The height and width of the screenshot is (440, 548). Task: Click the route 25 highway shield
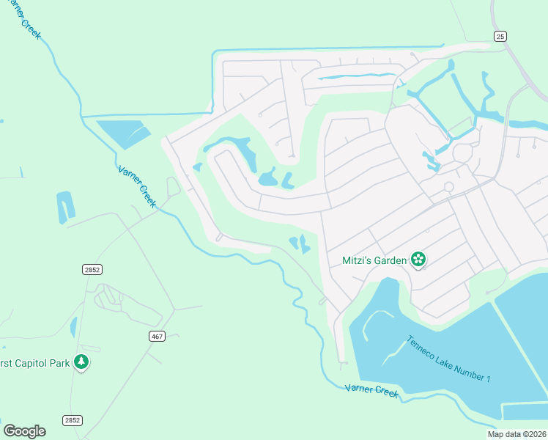(x=500, y=36)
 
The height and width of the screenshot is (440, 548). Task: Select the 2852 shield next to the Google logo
(x=72, y=420)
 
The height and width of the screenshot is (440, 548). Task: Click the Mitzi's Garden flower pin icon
(x=418, y=260)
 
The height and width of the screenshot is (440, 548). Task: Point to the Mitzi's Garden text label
(x=374, y=260)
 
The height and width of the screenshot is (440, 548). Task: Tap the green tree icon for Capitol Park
(x=81, y=362)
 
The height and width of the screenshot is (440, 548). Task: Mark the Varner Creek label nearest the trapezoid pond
(x=137, y=186)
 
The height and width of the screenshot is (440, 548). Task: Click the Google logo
(x=24, y=431)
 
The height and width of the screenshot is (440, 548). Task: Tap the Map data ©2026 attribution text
(x=516, y=434)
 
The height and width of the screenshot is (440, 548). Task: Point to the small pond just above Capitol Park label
(x=73, y=327)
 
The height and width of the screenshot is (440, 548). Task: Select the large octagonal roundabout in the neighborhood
(x=463, y=153)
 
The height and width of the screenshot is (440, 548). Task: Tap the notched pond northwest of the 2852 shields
(x=65, y=207)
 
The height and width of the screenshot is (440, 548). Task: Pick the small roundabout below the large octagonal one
(x=448, y=187)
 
